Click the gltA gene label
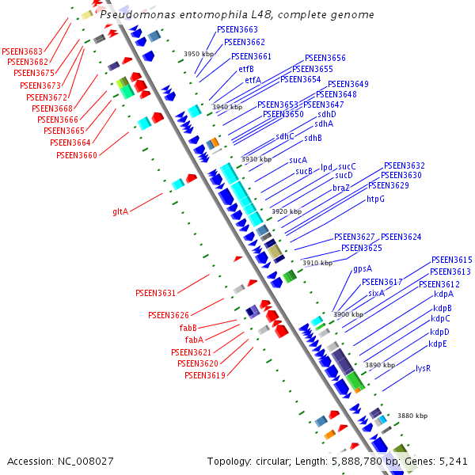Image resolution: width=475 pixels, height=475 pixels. coord(120,211)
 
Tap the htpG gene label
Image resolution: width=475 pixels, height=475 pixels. coord(375,199)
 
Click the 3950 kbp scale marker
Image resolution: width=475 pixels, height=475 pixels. coord(199,55)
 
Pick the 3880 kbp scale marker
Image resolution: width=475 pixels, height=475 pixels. coord(412,416)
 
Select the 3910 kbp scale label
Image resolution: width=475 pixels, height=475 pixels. coord(317,263)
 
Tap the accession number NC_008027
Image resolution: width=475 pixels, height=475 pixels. coord(87,461)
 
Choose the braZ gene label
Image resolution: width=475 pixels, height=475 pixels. coord(341,188)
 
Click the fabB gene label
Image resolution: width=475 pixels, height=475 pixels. coord(188,328)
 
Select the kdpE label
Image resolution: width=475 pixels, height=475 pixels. coord(438,344)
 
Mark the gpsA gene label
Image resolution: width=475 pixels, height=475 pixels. coord(363,268)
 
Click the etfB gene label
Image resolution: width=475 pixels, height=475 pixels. coord(246,69)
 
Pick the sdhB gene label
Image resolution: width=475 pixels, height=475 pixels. coord(313,138)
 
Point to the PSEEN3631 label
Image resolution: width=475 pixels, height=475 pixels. coord(155,293)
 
